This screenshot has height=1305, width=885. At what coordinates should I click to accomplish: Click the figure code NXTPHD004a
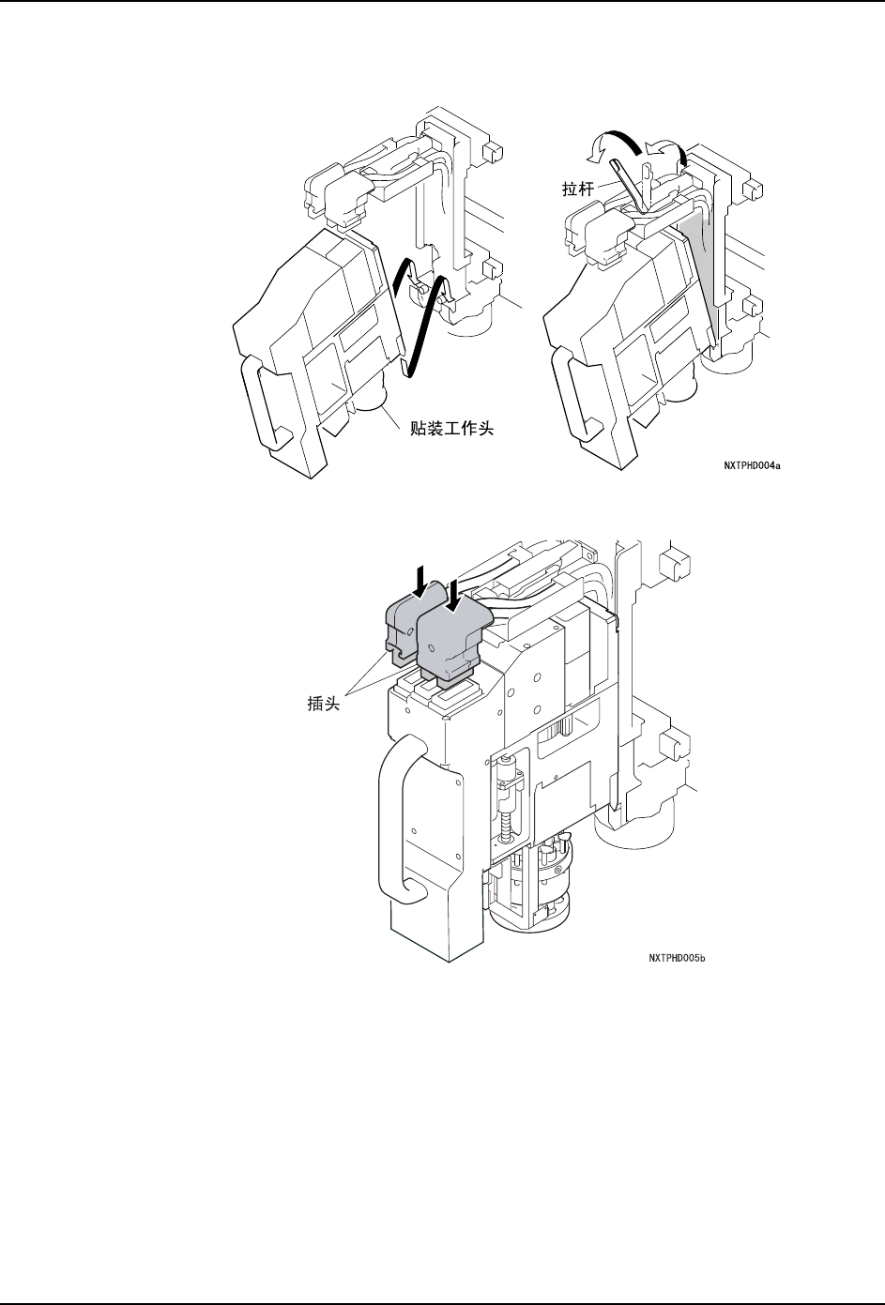click(x=752, y=463)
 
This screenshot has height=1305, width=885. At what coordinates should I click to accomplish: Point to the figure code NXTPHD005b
click(x=676, y=958)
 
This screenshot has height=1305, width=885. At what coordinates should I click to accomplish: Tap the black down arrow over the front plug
click(x=454, y=594)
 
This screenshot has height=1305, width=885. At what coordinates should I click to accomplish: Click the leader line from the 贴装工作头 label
click(x=394, y=417)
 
